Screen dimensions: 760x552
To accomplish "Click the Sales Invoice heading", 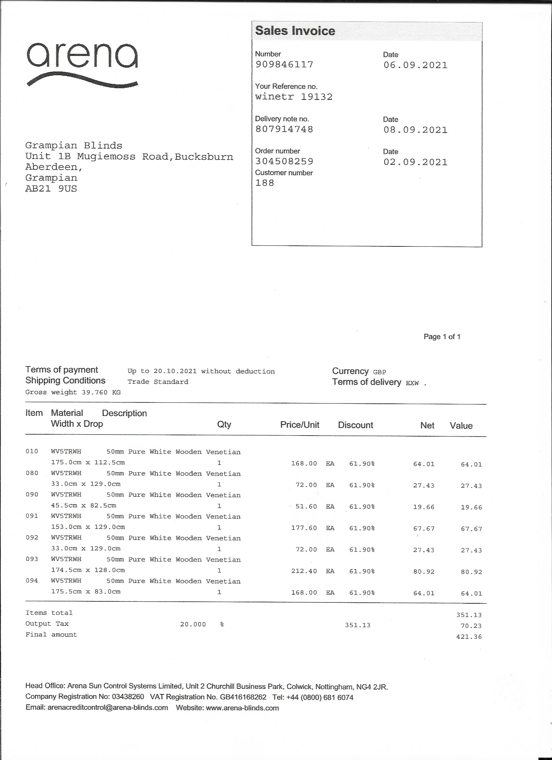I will (295, 31).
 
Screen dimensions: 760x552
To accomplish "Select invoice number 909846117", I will (284, 64).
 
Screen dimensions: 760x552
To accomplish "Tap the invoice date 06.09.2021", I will (415, 65).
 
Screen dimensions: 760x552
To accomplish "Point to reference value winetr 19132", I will (294, 97).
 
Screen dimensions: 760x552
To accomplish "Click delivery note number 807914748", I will (284, 129).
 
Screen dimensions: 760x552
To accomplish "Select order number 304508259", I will (284, 161).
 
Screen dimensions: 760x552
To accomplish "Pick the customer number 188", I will (264, 183).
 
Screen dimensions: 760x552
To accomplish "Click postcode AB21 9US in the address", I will (51, 189).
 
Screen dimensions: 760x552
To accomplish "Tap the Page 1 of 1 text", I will (442, 336).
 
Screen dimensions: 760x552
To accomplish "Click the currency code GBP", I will (380, 372).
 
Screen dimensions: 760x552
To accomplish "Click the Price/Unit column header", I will (300, 425).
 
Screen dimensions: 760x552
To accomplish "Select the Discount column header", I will (355, 425).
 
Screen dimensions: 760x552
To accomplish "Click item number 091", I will (32, 516).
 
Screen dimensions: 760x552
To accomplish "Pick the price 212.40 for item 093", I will (304, 571).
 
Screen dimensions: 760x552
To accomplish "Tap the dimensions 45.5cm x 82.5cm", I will (84, 505).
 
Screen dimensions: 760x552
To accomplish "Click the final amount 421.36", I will (469, 637).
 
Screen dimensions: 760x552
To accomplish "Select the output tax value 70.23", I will (471, 626).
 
